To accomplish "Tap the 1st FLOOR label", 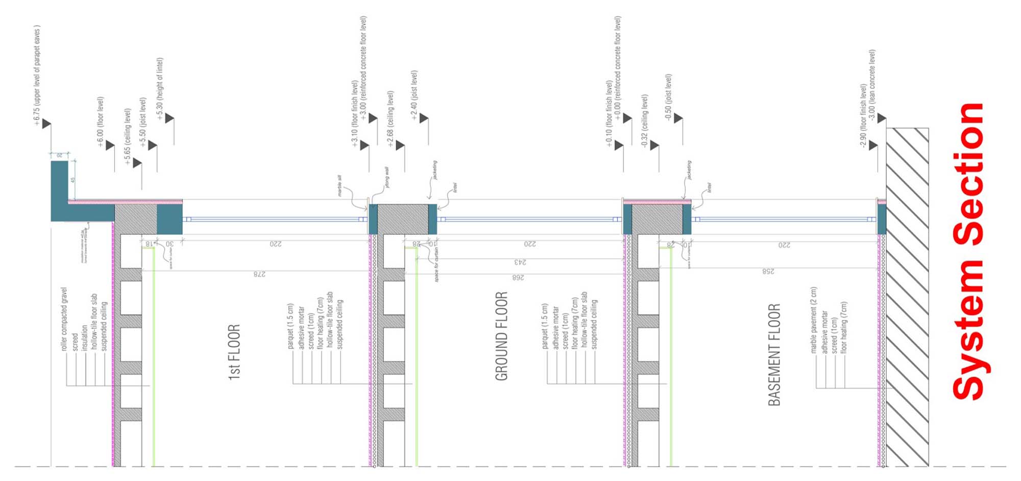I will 234,352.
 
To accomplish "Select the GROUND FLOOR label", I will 501,336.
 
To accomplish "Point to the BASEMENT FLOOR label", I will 774,355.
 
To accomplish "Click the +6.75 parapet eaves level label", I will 37,75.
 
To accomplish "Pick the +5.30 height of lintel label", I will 160,89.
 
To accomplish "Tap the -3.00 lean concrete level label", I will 872,85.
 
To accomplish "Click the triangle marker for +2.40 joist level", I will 423,119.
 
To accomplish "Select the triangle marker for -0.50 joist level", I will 678,118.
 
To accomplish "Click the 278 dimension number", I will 259,274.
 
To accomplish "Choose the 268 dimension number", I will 518,277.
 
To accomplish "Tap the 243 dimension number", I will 520,262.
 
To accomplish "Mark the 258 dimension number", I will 768,271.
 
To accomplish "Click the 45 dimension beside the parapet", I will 72,180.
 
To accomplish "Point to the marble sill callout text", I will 339,186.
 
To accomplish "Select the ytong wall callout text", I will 387,177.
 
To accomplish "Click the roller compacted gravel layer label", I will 64,319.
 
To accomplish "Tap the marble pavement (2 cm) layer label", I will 814,320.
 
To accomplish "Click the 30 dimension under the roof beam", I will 169,244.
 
